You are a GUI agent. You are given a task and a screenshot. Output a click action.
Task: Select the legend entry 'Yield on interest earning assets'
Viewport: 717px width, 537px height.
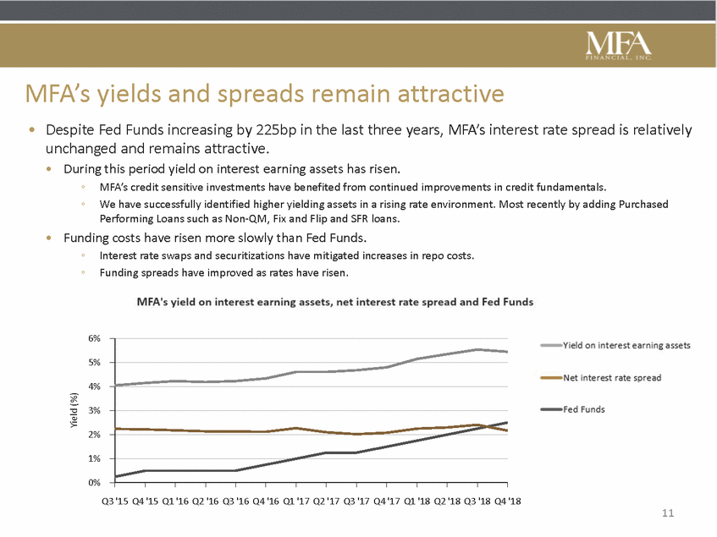626,345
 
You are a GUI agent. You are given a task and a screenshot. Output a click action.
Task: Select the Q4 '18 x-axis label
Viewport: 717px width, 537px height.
507,500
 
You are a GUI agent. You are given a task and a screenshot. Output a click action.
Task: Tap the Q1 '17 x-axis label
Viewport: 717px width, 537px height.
296,500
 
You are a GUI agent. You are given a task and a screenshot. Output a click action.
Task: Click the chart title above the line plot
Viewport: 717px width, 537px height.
335,301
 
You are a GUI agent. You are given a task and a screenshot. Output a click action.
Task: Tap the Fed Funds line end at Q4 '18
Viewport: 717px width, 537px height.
507,423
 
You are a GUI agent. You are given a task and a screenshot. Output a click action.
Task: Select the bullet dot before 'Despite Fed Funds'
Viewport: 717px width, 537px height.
32,131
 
